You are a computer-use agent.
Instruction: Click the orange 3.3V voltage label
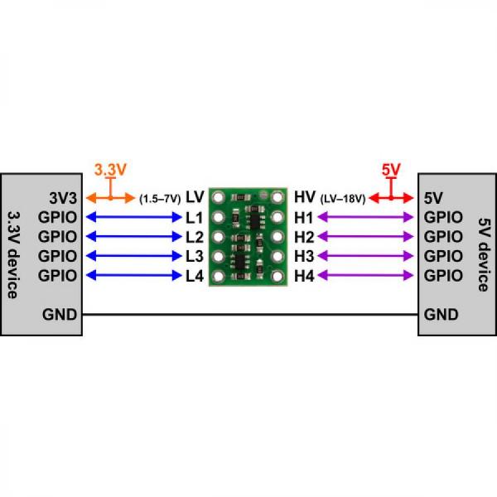tap(109, 169)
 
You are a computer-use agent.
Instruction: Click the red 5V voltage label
tap(391, 169)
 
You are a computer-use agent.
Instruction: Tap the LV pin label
tap(195, 198)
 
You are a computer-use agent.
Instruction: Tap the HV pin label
tap(304, 198)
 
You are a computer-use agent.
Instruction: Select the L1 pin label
tap(195, 217)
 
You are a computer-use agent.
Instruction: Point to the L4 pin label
tap(195, 275)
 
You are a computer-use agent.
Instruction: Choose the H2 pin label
tap(304, 236)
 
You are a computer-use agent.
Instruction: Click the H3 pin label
tap(304, 256)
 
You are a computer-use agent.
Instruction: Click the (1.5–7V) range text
tap(160, 199)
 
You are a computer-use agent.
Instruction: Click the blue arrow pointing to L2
tap(133, 237)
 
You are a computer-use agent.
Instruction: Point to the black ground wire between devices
tap(248, 315)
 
